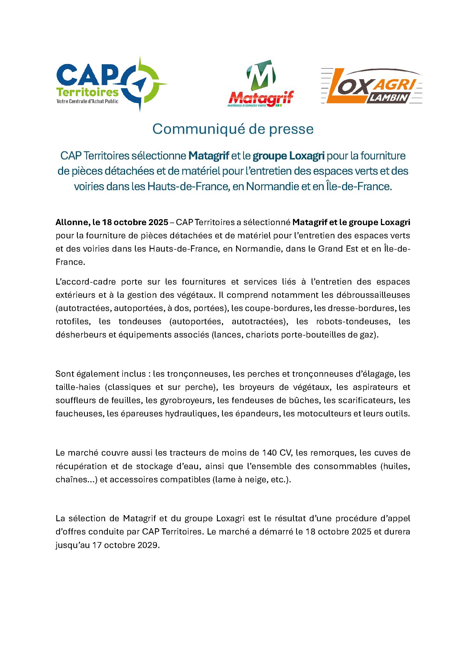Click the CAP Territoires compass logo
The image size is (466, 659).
112,84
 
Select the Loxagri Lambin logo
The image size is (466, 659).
372,86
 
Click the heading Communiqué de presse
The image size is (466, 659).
233,129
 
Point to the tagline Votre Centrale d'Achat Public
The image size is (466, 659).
87,101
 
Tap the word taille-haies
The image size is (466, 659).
78,387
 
